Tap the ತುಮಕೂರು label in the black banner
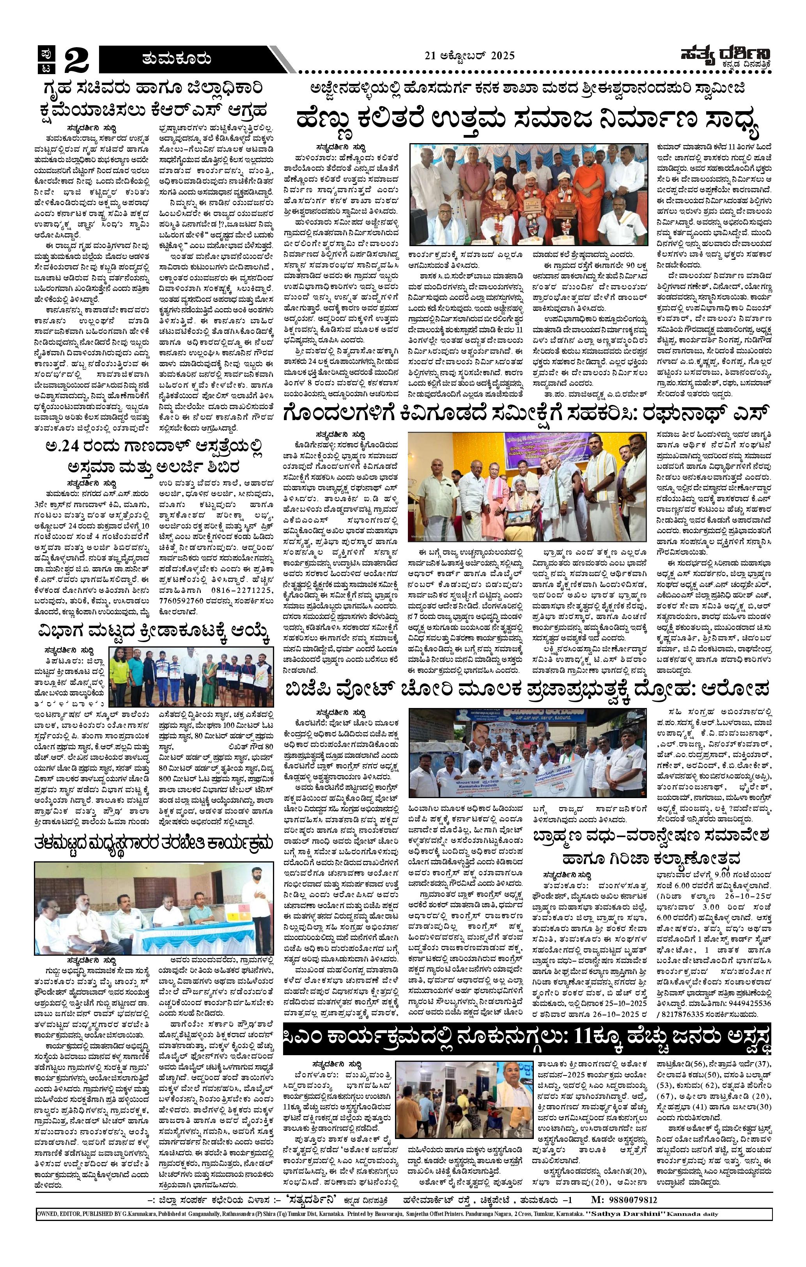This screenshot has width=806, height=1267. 176,59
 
